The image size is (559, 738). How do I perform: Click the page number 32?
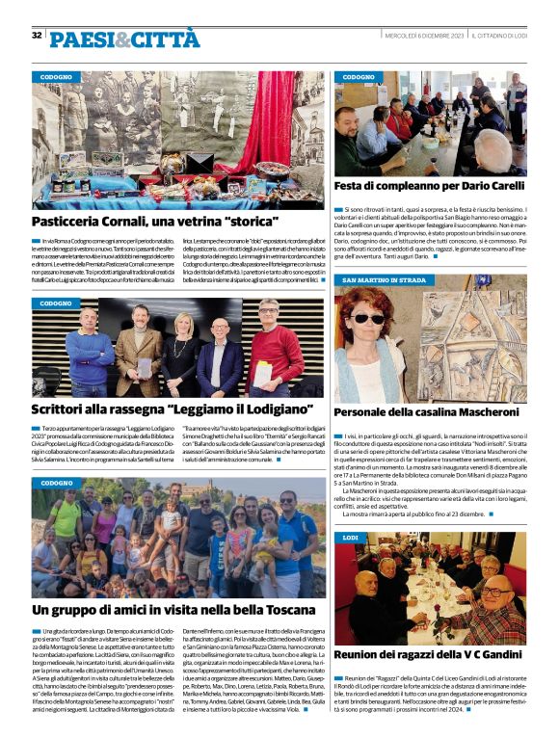tap(37, 36)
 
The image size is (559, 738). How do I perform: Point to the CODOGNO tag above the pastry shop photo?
tap(57, 76)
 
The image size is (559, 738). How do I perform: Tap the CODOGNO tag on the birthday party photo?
tap(359, 76)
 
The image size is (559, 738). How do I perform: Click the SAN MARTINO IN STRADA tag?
tap(385, 279)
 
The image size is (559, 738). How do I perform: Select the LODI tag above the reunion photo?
tap(350, 536)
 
